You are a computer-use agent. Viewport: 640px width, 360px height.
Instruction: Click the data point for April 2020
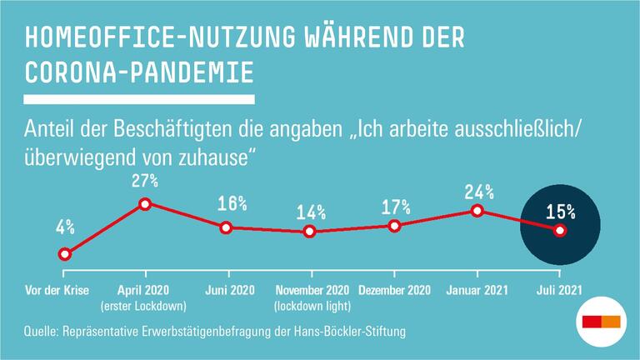145,203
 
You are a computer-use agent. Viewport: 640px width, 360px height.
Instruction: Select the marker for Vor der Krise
63,254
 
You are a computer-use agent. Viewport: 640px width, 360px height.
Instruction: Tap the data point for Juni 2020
226,227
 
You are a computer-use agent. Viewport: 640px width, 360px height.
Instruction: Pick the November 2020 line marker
310,232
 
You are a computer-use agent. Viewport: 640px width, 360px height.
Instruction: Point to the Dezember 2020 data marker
394,226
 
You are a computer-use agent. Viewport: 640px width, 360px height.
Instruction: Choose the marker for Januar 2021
477,211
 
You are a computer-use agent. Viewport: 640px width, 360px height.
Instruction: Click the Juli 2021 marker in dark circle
559,231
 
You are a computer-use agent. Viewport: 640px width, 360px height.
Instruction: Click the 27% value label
145,179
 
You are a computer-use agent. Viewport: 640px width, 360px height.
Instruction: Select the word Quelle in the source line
45,332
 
